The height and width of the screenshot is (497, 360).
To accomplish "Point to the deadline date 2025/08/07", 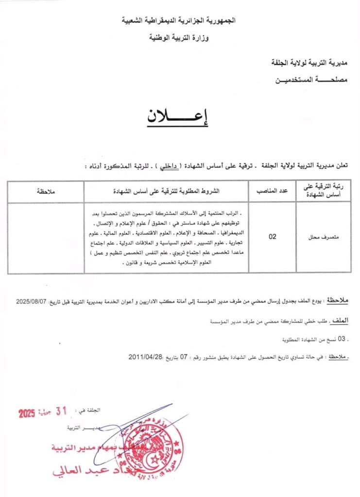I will (x=32, y=301).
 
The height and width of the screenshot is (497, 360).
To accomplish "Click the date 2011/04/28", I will (x=146, y=356).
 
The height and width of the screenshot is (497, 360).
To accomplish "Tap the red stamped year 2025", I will (x=27, y=414).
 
